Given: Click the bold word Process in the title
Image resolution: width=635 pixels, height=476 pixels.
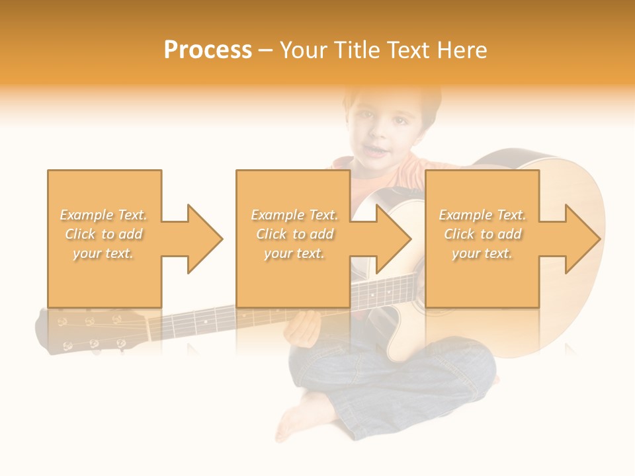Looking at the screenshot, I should point(208,50).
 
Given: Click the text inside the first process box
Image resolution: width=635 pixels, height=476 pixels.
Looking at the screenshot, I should point(104,234).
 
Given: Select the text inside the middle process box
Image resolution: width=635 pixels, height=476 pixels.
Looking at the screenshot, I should point(294,234).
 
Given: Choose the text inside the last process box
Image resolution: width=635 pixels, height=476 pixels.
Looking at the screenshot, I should point(482,234).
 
